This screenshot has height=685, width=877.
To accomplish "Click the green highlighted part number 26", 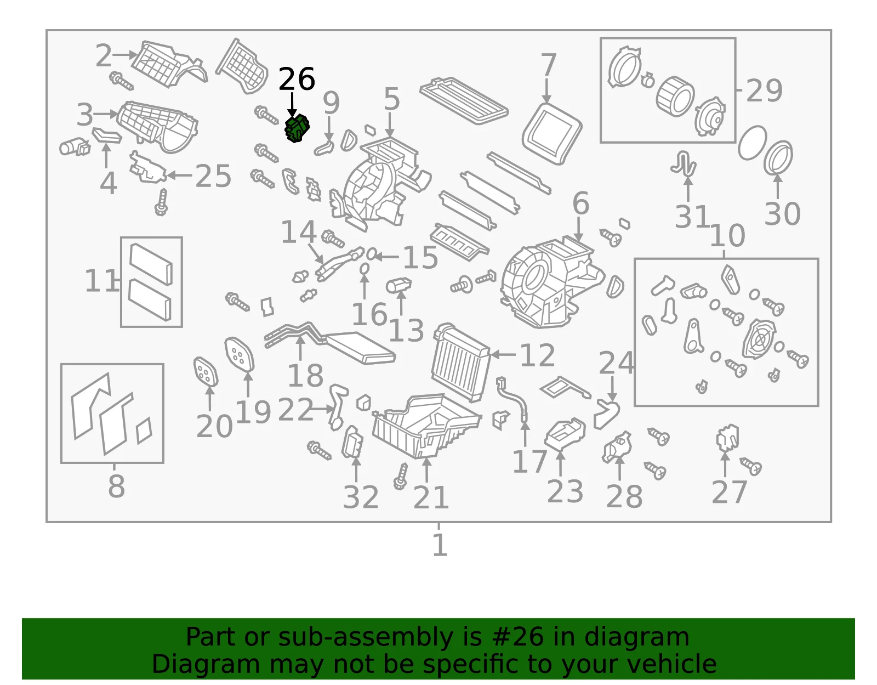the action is tap(297, 128).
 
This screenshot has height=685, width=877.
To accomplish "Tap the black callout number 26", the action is tap(297, 79).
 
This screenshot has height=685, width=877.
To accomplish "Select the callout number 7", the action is tap(549, 65).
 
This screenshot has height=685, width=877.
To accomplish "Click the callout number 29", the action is tap(765, 90).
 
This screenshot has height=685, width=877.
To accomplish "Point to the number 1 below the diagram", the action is tap(440, 545).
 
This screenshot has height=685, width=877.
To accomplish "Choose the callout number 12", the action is tap(537, 355).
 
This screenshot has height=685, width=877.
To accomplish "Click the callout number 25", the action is tap(213, 176).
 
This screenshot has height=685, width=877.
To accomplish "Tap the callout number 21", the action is tap(431, 497).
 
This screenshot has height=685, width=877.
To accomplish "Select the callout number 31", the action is tap(692, 217).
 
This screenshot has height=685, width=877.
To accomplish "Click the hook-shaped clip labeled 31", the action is tap(684, 163).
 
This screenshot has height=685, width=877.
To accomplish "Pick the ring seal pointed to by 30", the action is tap(778, 157).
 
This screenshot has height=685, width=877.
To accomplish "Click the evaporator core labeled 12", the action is tap(461, 363).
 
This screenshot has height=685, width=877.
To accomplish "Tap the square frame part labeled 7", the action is tap(552, 134).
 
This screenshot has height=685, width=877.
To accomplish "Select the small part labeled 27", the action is tap(727, 438).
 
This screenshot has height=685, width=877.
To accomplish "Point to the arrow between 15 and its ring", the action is tap(387, 256).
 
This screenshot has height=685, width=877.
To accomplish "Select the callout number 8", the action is tap(116, 486).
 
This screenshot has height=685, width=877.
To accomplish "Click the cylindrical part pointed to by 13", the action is tap(398, 285).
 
